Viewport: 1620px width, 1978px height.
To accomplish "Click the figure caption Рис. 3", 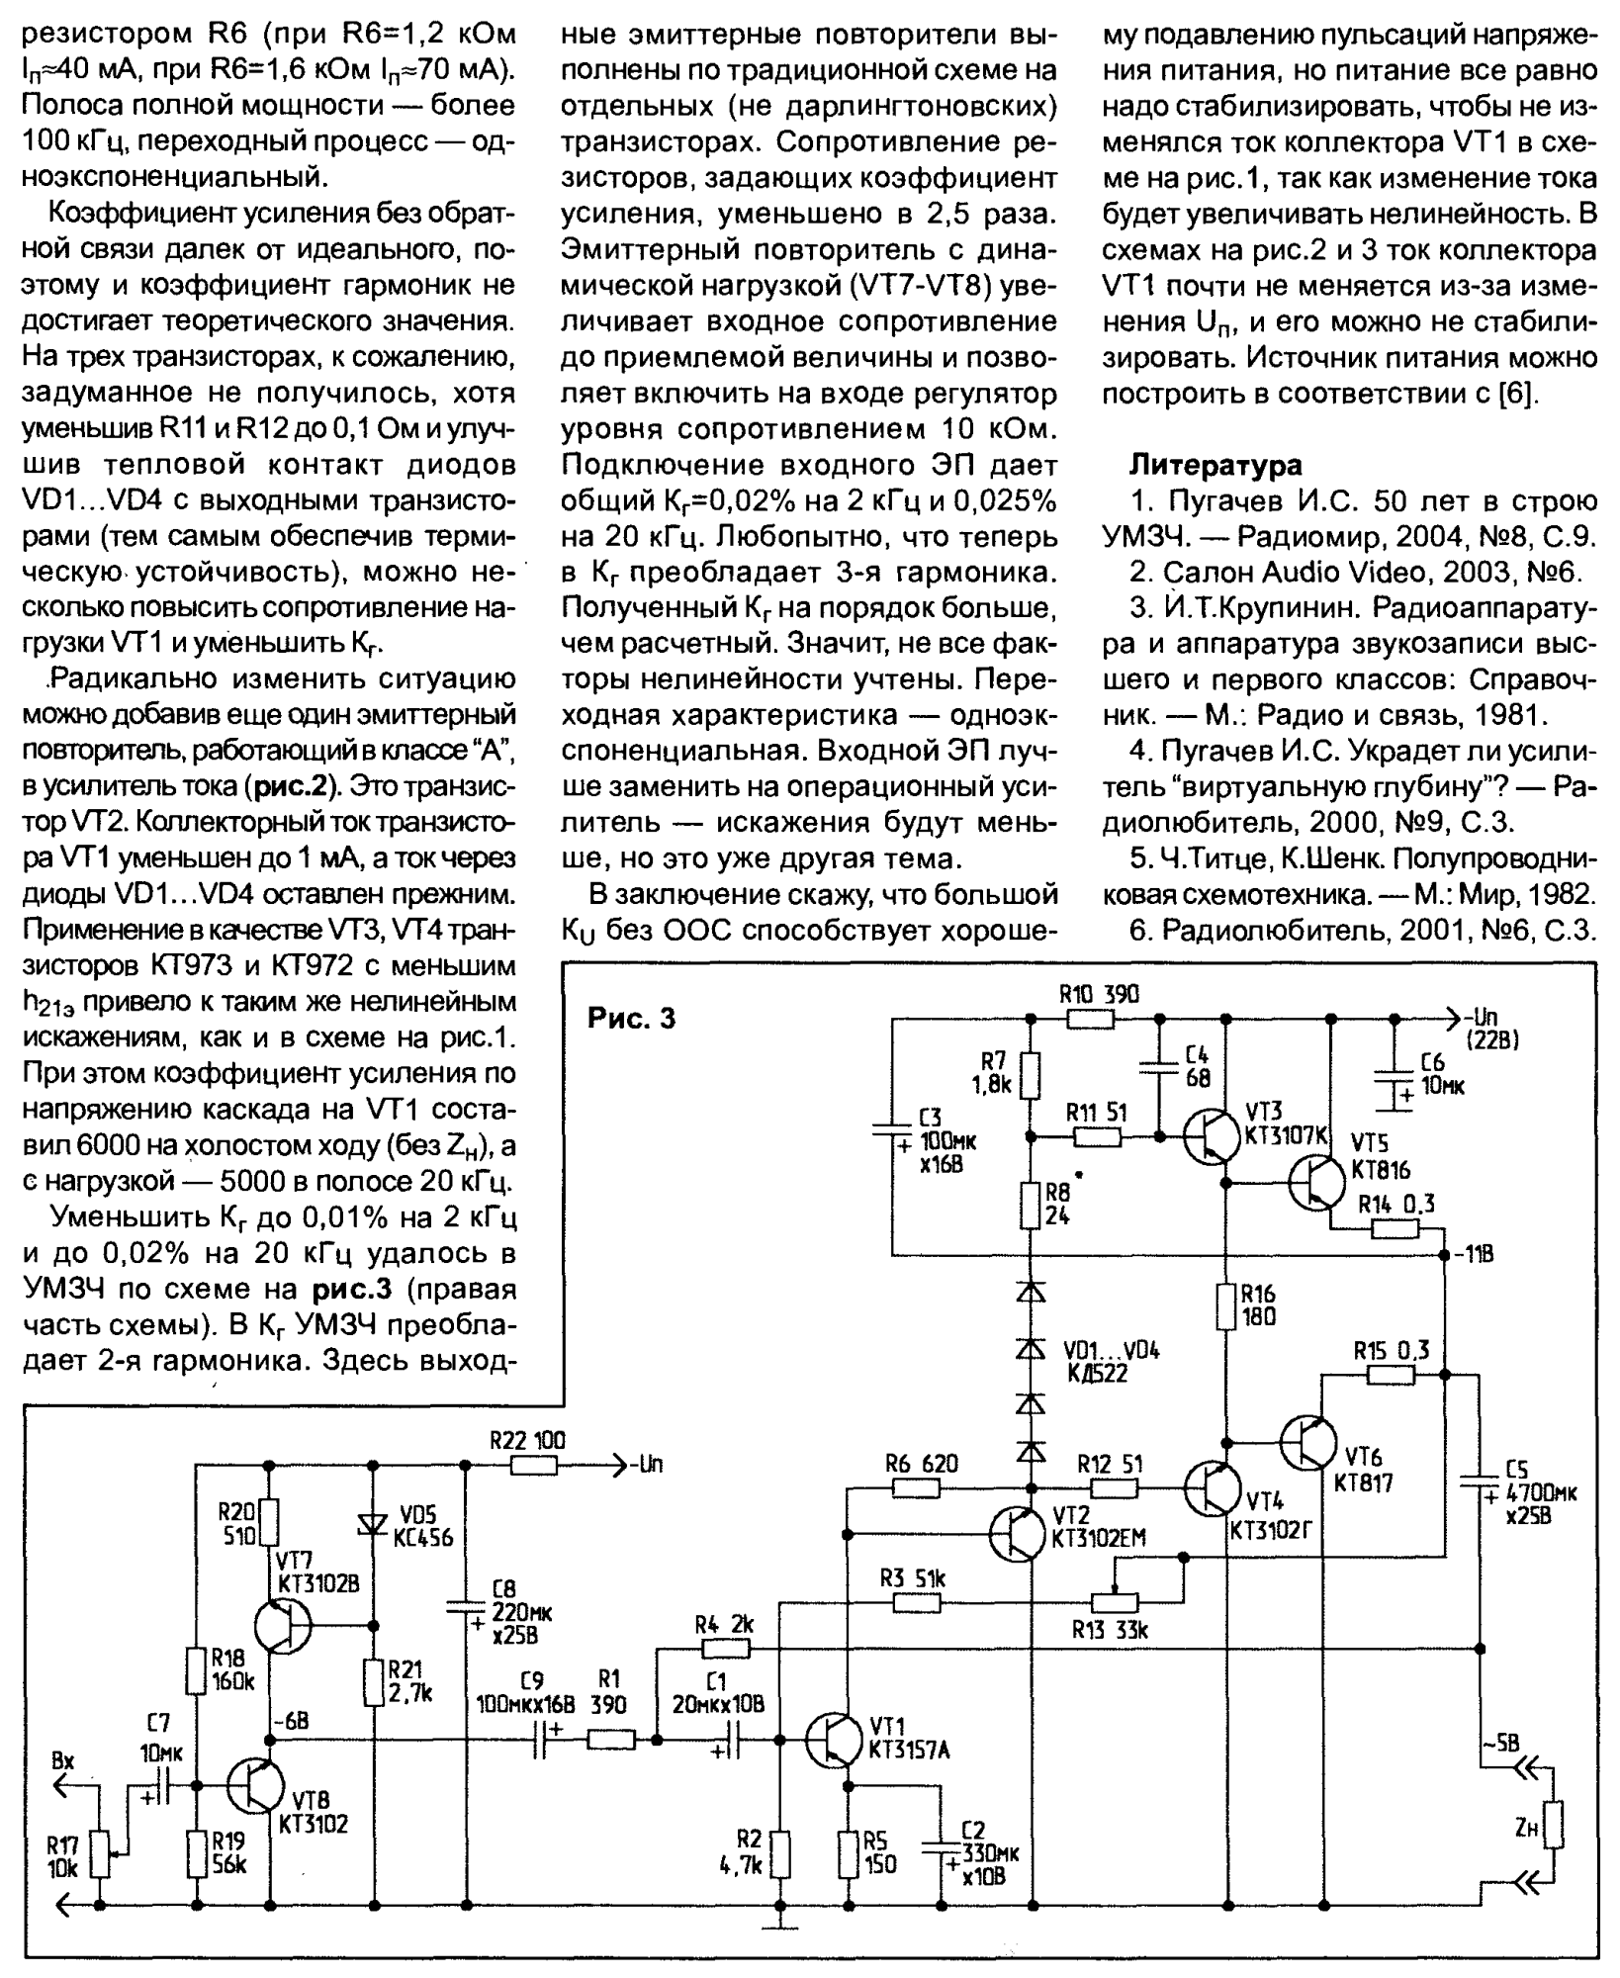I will tap(631, 1018).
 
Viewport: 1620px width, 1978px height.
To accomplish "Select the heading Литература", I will tap(1215, 464).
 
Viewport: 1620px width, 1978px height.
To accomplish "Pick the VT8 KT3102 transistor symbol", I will tap(255, 1784).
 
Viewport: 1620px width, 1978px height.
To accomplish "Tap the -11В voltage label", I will tap(1472, 1255).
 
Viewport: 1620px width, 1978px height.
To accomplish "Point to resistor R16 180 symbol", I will tap(1226, 1305).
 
